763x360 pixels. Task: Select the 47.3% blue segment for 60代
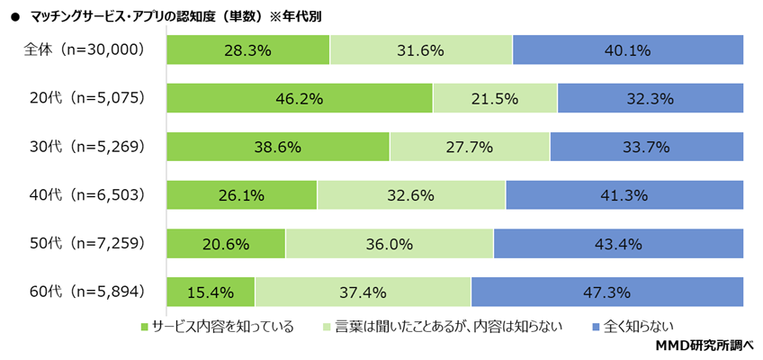[x=607, y=292]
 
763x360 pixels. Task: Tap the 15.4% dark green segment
[x=211, y=292]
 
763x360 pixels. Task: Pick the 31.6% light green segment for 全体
[x=421, y=50]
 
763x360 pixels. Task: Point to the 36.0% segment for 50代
[x=390, y=243]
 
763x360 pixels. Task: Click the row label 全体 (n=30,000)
[x=84, y=50]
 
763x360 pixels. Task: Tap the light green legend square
[x=328, y=326]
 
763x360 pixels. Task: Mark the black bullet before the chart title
[x=14, y=16]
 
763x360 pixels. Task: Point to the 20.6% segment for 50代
[x=226, y=243]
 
